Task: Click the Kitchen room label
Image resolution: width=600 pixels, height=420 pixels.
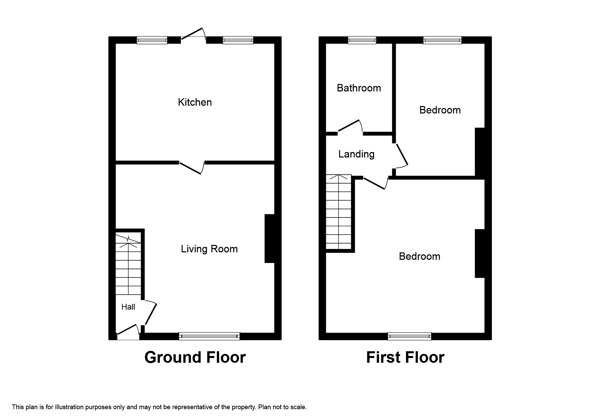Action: point(195,102)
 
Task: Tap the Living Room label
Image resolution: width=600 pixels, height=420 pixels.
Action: point(209,249)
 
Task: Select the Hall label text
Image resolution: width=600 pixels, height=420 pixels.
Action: point(128,307)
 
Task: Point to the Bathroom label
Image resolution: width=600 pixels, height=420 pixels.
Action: point(359,88)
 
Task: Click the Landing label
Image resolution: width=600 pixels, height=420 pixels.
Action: point(356,154)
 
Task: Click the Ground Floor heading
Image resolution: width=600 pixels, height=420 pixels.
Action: point(195,357)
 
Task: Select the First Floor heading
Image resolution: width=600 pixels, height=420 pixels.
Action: point(405,357)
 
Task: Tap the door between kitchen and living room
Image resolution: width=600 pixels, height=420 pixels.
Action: point(191,168)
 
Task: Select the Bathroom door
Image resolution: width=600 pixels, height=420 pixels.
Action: point(350,126)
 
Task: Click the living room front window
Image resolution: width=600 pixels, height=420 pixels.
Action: point(209,336)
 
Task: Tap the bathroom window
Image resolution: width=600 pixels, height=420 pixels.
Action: point(362,40)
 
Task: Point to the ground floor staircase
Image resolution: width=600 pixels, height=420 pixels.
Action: point(128,264)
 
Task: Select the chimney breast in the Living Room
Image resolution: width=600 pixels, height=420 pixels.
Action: point(269,238)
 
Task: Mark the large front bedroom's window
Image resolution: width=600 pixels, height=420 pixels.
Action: point(410,336)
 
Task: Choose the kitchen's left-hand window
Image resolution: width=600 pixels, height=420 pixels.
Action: point(152,40)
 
